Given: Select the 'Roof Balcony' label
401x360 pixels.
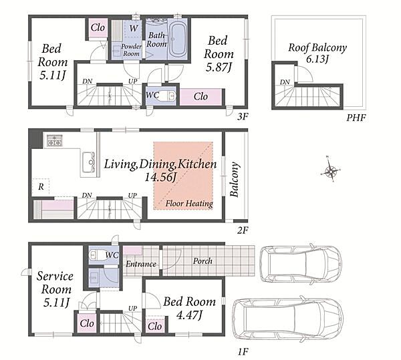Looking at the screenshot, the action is (x=317, y=48).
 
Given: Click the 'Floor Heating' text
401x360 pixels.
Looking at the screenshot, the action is (x=189, y=204).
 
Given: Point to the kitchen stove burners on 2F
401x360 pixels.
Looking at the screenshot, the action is (x=55, y=140).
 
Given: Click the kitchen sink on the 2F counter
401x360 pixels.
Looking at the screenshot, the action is (x=89, y=162).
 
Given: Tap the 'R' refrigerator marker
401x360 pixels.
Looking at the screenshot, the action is (x=41, y=187).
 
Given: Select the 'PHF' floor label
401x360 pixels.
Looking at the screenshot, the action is (x=356, y=118).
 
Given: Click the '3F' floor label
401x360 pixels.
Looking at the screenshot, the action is (x=243, y=117).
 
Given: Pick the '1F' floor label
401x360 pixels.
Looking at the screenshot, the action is (x=243, y=352).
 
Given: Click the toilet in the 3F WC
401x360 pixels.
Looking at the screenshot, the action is (x=169, y=96).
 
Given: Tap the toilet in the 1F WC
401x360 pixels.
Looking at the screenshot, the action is (x=96, y=255).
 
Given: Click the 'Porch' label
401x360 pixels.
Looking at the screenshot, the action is (x=203, y=261).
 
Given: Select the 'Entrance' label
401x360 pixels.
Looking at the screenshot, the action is (x=141, y=264).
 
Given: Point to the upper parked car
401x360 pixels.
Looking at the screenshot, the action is (x=301, y=264).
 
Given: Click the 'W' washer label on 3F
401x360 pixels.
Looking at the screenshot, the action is (x=134, y=28).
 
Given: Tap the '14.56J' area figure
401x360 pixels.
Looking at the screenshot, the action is (x=160, y=177).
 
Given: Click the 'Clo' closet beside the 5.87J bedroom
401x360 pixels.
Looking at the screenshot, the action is (x=200, y=97).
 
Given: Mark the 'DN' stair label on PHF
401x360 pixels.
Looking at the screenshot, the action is (x=285, y=82).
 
